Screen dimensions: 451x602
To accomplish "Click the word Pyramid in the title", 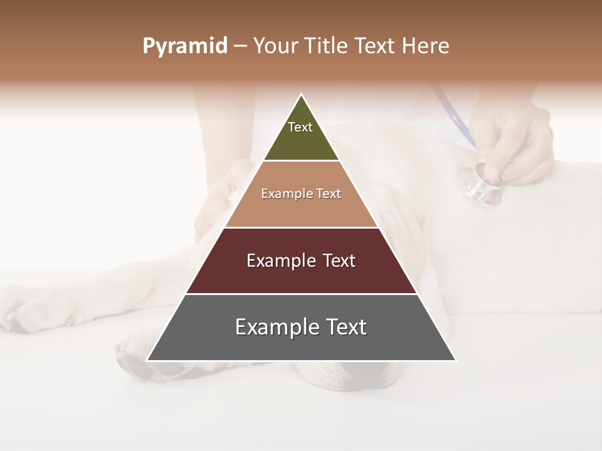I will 184,46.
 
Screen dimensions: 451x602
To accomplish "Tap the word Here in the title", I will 426,46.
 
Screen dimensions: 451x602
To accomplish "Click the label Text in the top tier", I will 300,127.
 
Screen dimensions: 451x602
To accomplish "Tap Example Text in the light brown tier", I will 301,194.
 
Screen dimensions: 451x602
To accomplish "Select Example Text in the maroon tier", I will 301,261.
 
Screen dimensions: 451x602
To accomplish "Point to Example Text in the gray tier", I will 301,327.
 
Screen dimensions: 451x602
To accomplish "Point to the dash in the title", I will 240,46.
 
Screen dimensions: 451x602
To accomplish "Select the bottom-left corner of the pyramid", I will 147,360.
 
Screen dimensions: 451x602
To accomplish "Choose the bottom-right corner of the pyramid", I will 455,360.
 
